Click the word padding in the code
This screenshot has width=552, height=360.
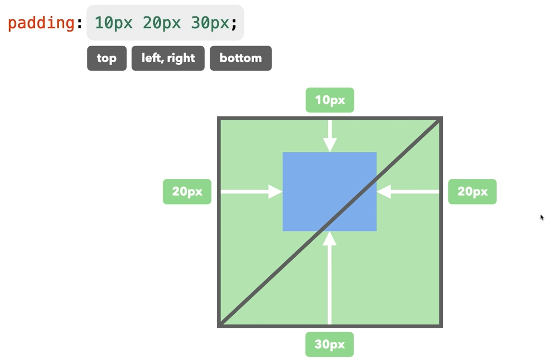pos(41,23)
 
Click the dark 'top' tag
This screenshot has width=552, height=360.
pos(107,58)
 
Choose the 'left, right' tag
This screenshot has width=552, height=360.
pos(168,58)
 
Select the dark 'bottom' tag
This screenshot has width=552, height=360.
pos(241,58)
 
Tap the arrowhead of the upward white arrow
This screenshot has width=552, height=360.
pos(329,239)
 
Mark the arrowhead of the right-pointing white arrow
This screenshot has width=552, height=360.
pos(275,192)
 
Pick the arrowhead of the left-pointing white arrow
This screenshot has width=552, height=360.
pos(384,192)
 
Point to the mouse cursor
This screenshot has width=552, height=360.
pos(542,217)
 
